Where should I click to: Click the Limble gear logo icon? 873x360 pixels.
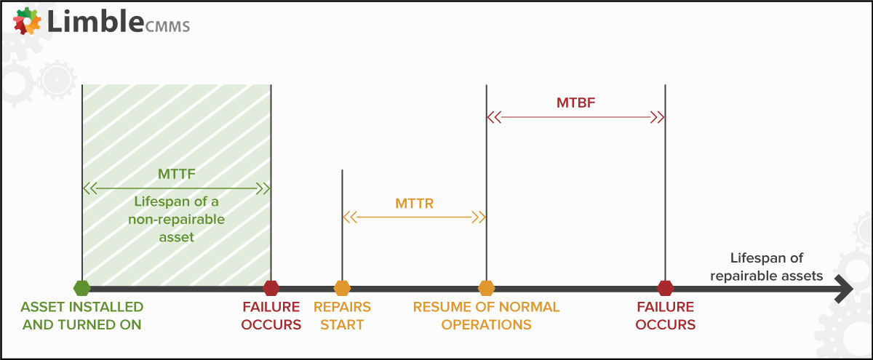(x=27, y=21)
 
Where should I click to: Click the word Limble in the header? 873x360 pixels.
(x=95, y=21)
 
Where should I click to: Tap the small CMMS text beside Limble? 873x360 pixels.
(x=167, y=26)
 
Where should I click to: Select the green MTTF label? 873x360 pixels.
(x=177, y=174)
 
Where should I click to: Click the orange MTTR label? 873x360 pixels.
(x=414, y=204)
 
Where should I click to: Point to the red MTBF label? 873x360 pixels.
(x=575, y=103)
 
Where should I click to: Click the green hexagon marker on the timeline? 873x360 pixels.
(x=81, y=288)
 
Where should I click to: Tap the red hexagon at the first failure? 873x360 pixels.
(x=271, y=288)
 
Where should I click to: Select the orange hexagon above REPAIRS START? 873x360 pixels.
(x=342, y=288)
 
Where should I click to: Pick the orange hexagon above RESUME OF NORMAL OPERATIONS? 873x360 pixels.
(x=487, y=288)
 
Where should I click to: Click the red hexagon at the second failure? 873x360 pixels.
(x=665, y=288)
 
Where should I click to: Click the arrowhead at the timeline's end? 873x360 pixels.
(x=845, y=289)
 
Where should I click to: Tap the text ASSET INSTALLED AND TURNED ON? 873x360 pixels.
(x=81, y=316)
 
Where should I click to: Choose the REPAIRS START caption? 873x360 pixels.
(x=342, y=316)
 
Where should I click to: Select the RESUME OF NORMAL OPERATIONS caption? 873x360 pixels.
(x=487, y=316)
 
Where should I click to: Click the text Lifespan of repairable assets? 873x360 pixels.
(x=766, y=267)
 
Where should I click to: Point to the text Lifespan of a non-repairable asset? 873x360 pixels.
(x=177, y=220)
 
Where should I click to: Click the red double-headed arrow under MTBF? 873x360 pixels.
(x=575, y=117)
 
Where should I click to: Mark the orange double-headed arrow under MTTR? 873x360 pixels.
(x=414, y=217)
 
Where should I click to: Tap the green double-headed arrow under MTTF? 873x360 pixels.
(x=177, y=188)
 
